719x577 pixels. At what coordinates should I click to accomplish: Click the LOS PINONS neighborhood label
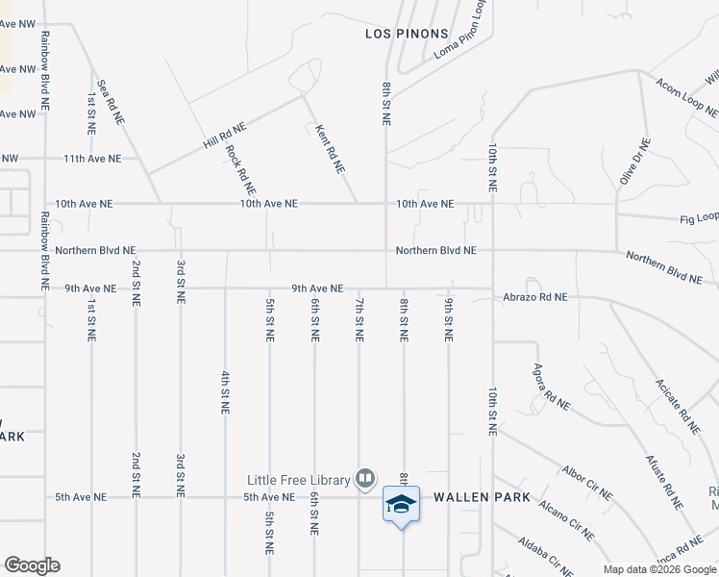click(407, 34)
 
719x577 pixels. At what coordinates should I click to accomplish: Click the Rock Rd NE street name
click(240, 169)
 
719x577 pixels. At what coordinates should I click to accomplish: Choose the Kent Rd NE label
click(331, 148)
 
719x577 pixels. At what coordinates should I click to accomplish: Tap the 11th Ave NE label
click(92, 159)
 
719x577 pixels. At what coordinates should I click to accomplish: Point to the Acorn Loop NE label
click(680, 97)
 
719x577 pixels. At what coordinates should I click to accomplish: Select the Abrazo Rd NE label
click(534, 298)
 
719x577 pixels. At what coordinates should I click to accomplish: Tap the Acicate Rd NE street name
click(677, 404)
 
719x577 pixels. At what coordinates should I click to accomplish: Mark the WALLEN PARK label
click(482, 497)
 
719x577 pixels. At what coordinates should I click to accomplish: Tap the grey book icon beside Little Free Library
click(365, 477)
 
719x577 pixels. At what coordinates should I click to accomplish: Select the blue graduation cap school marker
click(401, 504)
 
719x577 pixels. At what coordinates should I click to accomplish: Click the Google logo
click(32, 565)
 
